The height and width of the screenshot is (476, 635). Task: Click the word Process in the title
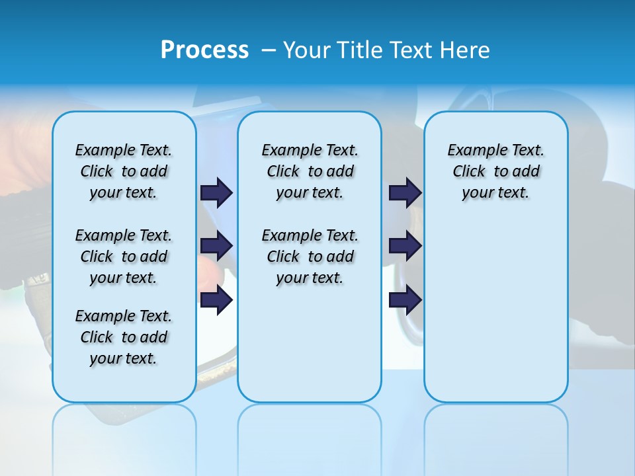(x=204, y=50)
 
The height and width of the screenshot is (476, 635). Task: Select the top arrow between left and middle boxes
(x=216, y=192)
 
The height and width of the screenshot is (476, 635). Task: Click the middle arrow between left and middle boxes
(x=216, y=246)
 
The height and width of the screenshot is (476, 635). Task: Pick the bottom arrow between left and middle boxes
(x=216, y=299)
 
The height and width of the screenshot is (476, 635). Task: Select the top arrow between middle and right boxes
(x=405, y=192)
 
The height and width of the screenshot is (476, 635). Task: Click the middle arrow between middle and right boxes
(x=405, y=246)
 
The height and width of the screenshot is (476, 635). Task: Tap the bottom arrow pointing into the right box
(x=405, y=299)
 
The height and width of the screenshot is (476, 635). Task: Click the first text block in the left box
(x=124, y=171)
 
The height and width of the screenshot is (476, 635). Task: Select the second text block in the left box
(x=124, y=257)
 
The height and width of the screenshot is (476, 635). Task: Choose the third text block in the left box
(x=124, y=337)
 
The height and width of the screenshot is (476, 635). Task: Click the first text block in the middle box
(x=310, y=171)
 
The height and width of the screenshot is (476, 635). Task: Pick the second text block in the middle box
(x=310, y=257)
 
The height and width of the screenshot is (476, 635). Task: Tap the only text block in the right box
(x=496, y=171)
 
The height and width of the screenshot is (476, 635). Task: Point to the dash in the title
(x=269, y=50)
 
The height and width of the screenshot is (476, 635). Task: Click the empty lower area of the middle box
(x=310, y=344)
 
